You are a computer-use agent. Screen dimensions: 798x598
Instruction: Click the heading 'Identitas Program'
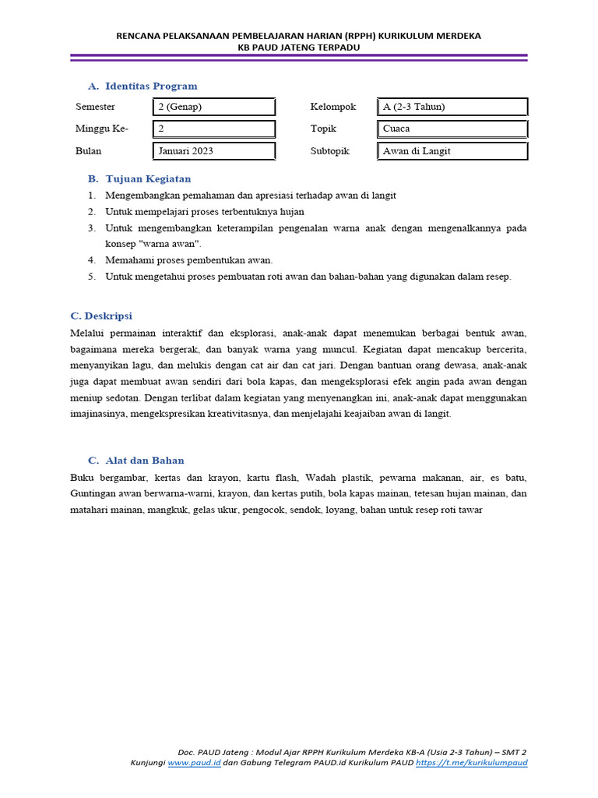point(151,86)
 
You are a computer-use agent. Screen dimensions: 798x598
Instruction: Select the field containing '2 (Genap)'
point(214,107)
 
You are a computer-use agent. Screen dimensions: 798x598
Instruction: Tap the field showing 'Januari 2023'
point(214,151)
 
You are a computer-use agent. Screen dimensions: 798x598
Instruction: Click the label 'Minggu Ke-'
point(102,129)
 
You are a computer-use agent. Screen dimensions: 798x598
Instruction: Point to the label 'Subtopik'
point(330,151)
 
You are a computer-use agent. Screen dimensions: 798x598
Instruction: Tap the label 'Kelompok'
point(332,107)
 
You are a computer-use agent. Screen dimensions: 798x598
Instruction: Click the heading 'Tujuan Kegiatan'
point(148,178)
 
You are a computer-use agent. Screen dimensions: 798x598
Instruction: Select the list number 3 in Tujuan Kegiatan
point(91,228)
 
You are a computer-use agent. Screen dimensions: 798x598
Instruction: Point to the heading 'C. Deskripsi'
point(101,316)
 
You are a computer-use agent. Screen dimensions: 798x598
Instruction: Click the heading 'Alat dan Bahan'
point(145,461)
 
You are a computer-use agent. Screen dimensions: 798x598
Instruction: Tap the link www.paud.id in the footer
point(194,763)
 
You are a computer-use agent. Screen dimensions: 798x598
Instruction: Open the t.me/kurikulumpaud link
point(471,763)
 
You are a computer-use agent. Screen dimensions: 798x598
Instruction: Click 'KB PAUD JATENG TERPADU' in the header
point(299,47)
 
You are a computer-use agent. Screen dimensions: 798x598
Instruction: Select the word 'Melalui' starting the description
point(86,333)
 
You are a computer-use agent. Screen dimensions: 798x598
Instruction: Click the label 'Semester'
point(96,107)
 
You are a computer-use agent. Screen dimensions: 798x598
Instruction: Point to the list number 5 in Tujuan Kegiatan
point(91,277)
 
